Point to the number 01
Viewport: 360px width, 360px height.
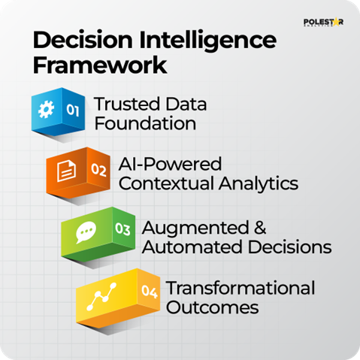click(x=73, y=110)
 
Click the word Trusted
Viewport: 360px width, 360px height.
click(x=123, y=103)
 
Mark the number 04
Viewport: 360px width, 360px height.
click(x=151, y=292)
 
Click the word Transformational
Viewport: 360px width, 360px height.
click(x=241, y=288)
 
